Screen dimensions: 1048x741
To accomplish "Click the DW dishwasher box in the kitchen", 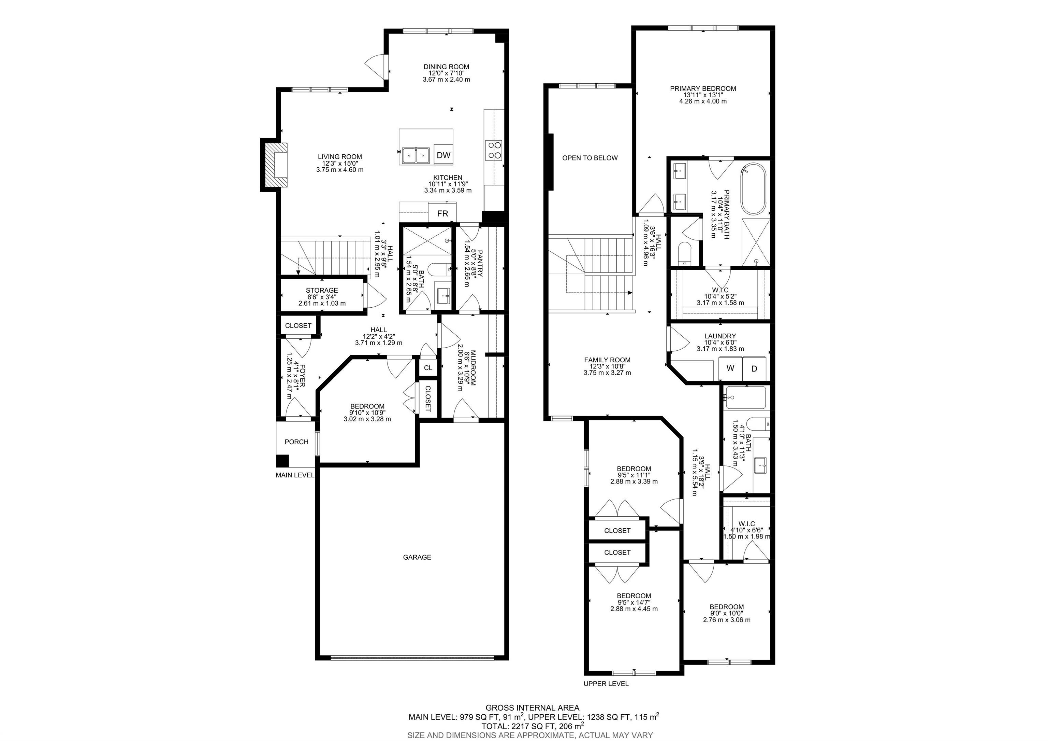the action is (443, 155).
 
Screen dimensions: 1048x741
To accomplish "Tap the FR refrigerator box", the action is (442, 213).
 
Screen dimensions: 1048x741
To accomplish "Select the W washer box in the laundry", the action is (730, 368).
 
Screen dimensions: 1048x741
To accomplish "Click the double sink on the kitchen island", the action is (416, 156).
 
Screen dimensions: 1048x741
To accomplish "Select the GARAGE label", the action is (417, 557).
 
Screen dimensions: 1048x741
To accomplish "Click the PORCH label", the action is (296, 442).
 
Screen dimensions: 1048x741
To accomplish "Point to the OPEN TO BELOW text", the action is (590, 158).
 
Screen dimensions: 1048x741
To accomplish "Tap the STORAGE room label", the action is (322, 290).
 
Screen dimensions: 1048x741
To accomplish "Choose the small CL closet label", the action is (428, 367).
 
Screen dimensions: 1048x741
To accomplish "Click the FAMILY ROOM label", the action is (607, 360).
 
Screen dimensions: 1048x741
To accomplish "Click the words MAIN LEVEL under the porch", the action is (295, 475).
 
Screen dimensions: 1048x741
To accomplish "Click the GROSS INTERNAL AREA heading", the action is (532, 708).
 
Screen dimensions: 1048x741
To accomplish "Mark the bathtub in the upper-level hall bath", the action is (745, 397).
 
